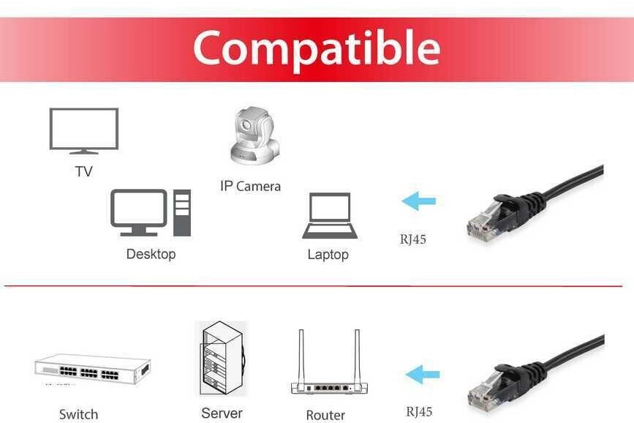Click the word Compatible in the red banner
(x=317, y=48)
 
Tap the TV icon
(x=84, y=130)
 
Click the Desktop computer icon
(x=150, y=212)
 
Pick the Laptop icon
(x=330, y=216)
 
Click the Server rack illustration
(x=223, y=359)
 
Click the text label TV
(x=84, y=172)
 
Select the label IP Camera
(x=250, y=187)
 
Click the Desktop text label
(x=151, y=255)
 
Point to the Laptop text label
(x=328, y=255)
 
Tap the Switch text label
(x=78, y=414)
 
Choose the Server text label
(x=222, y=413)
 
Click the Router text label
(x=325, y=415)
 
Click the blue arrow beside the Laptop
(x=419, y=201)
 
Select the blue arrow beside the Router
(x=423, y=375)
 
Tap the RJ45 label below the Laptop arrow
(x=412, y=239)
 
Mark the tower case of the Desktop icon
(x=182, y=212)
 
